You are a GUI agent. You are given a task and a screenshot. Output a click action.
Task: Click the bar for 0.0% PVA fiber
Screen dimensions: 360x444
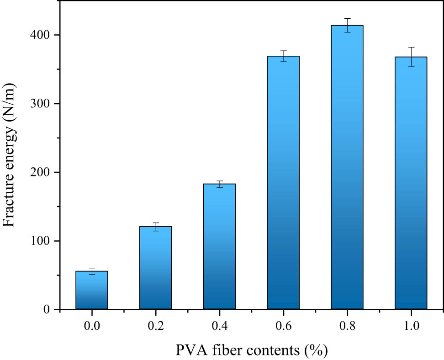tap(92, 290)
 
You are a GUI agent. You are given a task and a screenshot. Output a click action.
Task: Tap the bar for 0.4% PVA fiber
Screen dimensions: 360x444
tap(220, 247)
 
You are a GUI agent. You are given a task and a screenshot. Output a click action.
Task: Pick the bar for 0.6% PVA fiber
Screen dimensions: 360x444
tap(283, 183)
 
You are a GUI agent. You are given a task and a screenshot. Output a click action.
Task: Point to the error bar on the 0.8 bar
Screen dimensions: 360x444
tap(347, 25)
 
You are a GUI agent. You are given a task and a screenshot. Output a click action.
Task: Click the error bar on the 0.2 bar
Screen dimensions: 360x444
tap(156, 227)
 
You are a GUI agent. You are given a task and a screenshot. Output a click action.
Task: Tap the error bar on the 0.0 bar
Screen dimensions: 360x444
tap(92, 271)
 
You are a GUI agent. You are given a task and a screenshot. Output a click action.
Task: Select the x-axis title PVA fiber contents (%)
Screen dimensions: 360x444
tap(252, 350)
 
